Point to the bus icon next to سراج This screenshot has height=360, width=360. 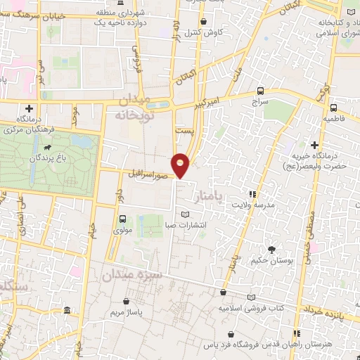pos(261,91)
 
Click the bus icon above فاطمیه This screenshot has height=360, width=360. pos(333,108)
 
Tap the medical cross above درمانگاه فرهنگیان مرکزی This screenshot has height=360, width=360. pos(29,108)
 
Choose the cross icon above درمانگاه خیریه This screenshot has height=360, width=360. pos(315,144)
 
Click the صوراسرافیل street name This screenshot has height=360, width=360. pos(149,172)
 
